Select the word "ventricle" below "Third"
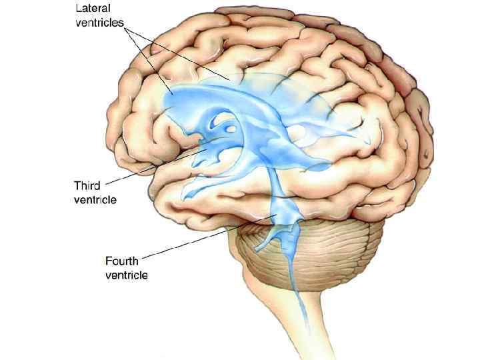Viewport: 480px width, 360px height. click(x=95, y=199)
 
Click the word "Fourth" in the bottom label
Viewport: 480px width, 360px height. click(x=123, y=262)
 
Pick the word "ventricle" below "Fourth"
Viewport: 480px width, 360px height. click(x=127, y=275)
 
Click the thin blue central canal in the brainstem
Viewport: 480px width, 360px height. click(x=299, y=293)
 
